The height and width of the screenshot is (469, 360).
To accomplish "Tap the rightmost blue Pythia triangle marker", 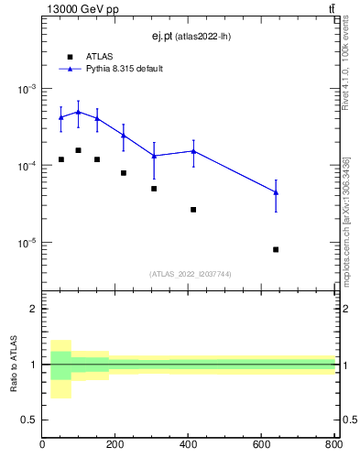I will pos(276,191).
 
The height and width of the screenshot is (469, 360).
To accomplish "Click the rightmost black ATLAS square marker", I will pos(276,249).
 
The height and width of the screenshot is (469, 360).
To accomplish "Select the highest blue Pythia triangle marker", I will pos(79,112).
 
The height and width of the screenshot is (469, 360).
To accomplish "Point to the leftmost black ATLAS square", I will pos(60,159).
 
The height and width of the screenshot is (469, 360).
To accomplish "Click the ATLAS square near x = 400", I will pos(193,210).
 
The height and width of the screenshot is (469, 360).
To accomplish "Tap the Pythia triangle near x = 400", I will pos(193,151).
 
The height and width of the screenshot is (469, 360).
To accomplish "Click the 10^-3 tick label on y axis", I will pos(27,89).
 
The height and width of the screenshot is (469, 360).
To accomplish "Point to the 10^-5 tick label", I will pos(27,243).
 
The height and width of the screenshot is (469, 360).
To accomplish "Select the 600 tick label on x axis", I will pos(261,446).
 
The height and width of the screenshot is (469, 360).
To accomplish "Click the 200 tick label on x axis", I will pos(115,446).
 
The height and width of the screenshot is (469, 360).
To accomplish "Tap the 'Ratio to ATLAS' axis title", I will pos(14,364).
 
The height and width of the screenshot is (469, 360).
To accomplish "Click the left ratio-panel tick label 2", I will pos(34,309).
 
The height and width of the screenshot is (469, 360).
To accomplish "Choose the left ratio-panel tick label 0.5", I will pos(30,420).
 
